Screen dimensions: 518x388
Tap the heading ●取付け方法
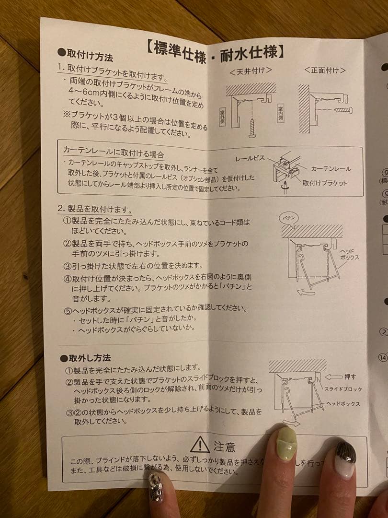pyautogui.click(x=85, y=55)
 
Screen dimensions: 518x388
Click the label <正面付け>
pyautogui.click(x=325, y=70)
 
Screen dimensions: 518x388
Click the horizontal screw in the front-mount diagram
pyautogui.click(x=344, y=110)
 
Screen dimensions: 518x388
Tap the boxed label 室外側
pyautogui.click(x=222, y=117)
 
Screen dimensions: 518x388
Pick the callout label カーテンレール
pyautogui.click(x=331, y=169)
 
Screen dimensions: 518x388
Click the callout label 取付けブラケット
pyautogui.click(x=324, y=183)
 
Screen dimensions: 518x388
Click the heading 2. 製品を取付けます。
pyautogui.click(x=94, y=209)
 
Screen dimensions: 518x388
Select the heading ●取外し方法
pyautogui.click(x=85, y=358)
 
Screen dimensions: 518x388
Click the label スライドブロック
pyautogui.click(x=343, y=389)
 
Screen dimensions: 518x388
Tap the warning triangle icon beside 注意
pyautogui.click(x=200, y=445)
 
